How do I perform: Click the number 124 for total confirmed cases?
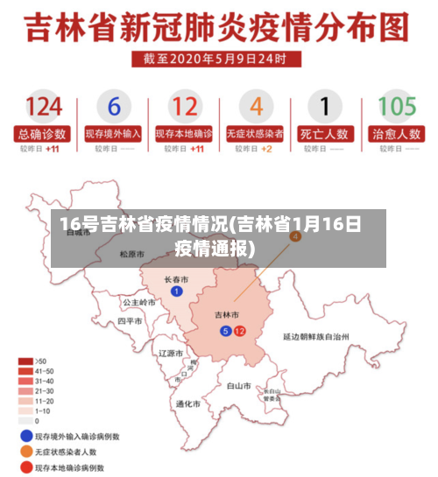(43, 108)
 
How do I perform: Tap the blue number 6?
(113, 108)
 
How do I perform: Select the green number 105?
(396, 108)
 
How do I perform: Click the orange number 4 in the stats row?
(256, 108)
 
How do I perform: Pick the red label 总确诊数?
(43, 134)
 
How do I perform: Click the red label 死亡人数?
(325, 134)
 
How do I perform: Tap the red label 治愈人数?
(396, 134)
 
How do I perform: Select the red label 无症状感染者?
(255, 134)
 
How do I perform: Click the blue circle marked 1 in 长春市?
(177, 291)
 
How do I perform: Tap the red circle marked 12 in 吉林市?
(239, 331)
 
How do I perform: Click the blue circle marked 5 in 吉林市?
(225, 331)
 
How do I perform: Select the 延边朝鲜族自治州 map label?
(316, 335)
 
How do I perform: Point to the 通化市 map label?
(188, 403)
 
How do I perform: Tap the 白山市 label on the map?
(238, 384)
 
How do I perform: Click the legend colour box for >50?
(26, 361)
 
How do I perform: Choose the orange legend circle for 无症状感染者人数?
(25, 451)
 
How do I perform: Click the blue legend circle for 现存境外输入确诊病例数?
(25, 435)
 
